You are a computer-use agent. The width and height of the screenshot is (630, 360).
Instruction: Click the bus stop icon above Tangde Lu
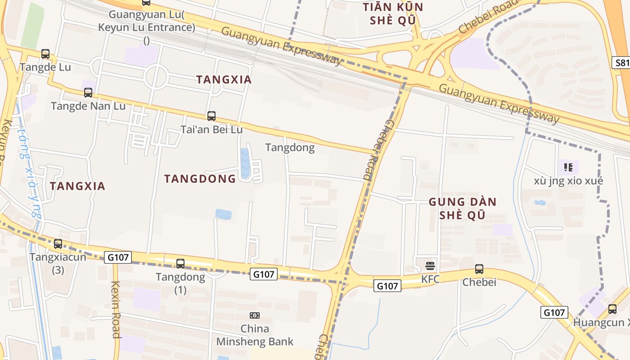tap(45, 54)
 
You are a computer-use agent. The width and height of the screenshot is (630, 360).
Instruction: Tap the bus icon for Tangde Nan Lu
tap(88, 93)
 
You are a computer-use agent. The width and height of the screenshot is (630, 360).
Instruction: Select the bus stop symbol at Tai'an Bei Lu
tap(211, 116)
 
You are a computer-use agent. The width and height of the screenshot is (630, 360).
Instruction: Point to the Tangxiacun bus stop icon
tap(58, 244)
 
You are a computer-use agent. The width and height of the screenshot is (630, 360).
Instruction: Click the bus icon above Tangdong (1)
tap(180, 264)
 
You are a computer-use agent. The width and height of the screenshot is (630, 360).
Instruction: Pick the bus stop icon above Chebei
tap(479, 269)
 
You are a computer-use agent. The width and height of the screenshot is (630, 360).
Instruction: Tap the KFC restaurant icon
tap(430, 265)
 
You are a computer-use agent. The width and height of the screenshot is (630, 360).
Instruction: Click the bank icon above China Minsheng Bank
tap(255, 315)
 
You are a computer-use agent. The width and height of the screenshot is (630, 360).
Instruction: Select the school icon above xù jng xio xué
tap(568, 168)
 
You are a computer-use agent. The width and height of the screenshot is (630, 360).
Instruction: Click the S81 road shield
tap(622, 63)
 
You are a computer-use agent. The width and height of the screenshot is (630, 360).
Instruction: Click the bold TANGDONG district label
tap(200, 179)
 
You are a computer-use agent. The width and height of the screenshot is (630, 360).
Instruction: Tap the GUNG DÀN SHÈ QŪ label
tap(462, 208)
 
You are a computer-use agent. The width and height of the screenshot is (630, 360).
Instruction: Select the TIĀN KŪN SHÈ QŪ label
tap(393, 13)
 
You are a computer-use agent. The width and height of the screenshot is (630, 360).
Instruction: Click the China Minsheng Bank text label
tap(255, 335)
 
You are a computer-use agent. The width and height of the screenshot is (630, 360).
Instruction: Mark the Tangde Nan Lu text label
tap(88, 106)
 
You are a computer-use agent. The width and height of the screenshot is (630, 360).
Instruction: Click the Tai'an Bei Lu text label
tap(211, 130)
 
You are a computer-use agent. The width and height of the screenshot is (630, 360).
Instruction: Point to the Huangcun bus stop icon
tap(612, 309)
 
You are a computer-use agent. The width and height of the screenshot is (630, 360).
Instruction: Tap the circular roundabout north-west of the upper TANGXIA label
tap(156, 76)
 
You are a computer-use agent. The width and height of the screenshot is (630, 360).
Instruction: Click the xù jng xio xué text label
tap(568, 181)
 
